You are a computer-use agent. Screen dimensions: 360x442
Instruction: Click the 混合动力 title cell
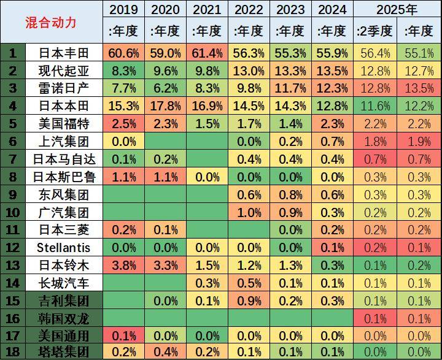point(52,22)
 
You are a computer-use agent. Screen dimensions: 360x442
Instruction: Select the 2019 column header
point(123,10)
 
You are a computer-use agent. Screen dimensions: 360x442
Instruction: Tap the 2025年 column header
point(397,10)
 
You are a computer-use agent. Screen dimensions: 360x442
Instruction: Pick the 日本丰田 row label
point(63,53)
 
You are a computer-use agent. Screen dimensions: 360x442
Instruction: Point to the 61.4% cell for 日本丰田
point(207,53)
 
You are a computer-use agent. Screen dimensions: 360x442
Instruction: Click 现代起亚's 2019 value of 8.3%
point(123,71)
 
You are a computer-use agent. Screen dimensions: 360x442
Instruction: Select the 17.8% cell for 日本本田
point(165,107)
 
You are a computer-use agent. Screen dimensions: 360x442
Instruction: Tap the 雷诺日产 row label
point(63,89)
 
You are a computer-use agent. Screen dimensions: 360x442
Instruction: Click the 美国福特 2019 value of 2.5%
point(123,124)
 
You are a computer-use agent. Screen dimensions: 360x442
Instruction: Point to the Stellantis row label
point(63,248)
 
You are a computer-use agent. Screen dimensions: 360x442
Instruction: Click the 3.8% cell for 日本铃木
point(123,266)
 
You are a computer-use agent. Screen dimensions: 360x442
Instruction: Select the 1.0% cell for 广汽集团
point(249,213)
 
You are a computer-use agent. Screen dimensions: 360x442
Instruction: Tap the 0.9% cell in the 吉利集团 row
point(249,301)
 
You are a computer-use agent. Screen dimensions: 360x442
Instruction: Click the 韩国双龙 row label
point(63,318)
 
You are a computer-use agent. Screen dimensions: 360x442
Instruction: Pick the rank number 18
point(13,352)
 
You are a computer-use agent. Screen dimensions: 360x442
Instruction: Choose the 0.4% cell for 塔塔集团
point(165,352)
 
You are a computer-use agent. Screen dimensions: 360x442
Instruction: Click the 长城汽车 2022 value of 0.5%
point(249,283)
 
